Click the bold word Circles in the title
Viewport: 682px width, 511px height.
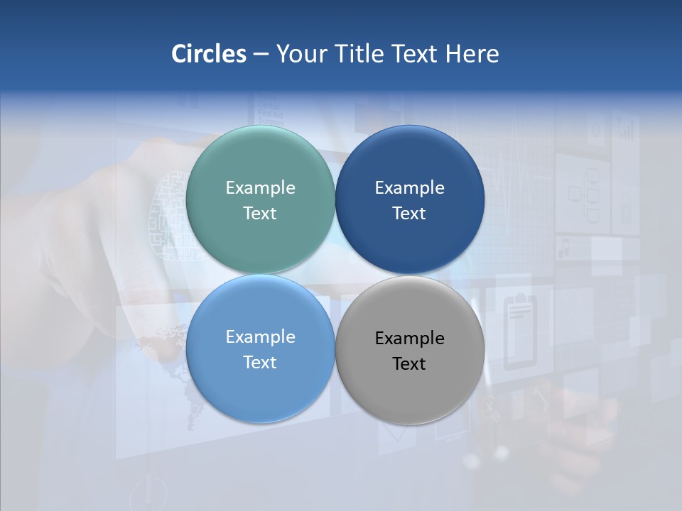coord(208,53)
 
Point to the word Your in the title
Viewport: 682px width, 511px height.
coord(299,53)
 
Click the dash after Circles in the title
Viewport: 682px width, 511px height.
coord(261,54)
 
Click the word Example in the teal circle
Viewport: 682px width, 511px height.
coord(260,188)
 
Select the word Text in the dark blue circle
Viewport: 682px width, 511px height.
coord(409,214)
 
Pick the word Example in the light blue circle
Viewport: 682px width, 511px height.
coord(260,337)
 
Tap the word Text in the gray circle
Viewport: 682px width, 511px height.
coord(409,364)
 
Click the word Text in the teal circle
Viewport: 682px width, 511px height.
coord(260,214)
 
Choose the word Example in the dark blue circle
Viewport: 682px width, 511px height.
coord(409,188)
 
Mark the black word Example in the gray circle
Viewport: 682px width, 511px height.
coord(409,339)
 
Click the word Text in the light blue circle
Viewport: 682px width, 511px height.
coord(260,363)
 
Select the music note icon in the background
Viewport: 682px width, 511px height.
coord(565,248)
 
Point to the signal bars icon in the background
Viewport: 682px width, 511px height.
coord(625,130)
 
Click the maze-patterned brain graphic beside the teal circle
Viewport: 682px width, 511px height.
coord(168,213)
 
